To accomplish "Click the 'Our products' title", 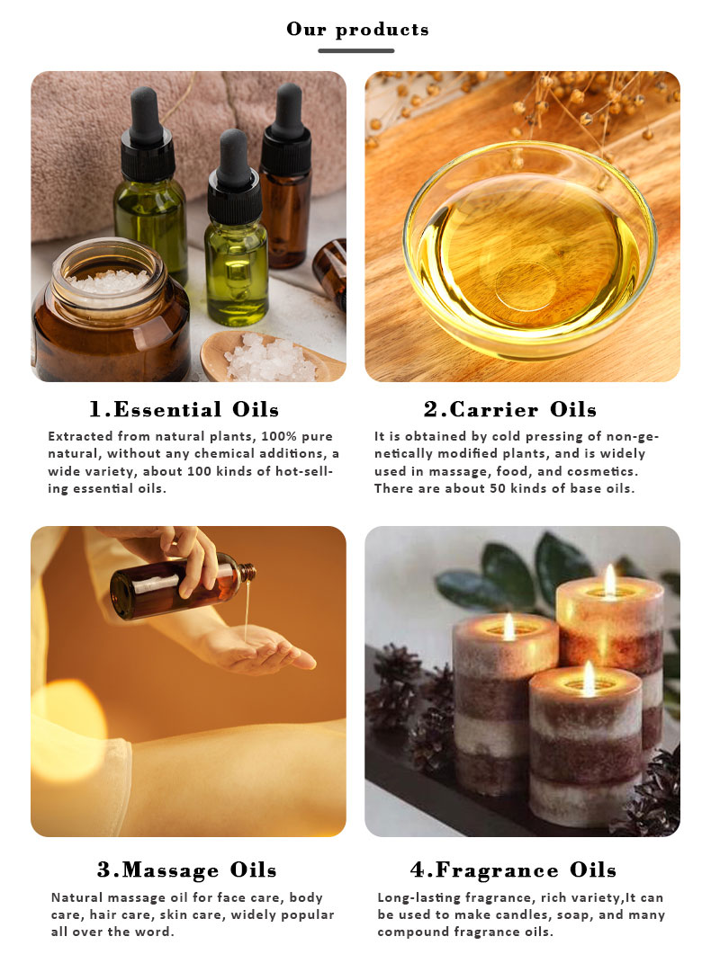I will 357,29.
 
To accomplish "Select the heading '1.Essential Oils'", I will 184,410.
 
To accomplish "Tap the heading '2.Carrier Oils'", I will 510,410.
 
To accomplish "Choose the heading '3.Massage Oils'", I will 187,870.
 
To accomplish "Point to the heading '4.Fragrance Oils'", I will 513,870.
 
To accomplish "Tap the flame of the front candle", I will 589,678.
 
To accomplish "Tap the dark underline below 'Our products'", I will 356,50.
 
